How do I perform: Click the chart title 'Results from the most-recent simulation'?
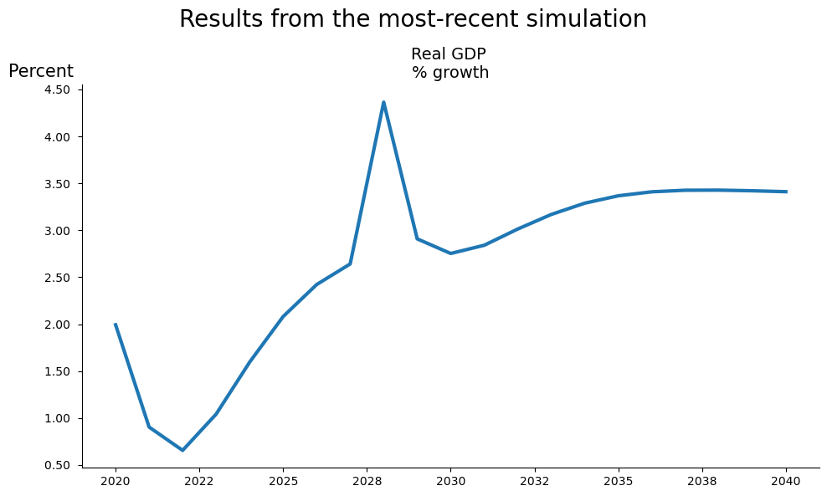[413, 19]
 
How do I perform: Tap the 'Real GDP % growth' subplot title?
[449, 64]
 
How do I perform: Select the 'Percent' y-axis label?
[41, 72]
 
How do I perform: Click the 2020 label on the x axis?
[116, 481]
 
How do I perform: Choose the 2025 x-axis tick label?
[283, 481]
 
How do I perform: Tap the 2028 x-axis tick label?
[367, 481]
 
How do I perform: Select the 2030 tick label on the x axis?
[450, 481]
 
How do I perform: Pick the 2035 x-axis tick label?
[618, 481]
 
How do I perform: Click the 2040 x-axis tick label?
[786, 481]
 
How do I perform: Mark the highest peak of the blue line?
[383, 103]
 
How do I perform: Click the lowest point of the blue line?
[182, 450]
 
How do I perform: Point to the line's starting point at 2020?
[116, 325]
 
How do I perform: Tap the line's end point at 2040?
[786, 192]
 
